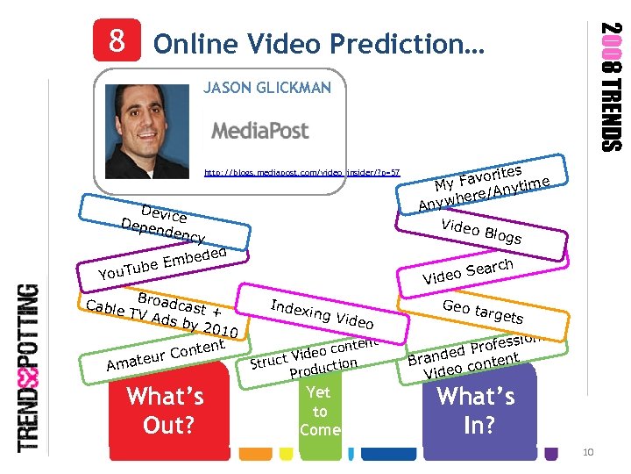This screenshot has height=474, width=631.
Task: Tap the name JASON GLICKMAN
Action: [x=267, y=88]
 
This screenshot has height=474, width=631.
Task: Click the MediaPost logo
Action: [x=261, y=131]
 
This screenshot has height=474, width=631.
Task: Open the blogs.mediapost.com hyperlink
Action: [x=302, y=173]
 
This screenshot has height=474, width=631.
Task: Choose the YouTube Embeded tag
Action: [x=164, y=262]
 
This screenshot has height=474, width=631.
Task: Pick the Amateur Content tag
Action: [x=164, y=355]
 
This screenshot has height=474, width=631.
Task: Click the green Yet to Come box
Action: [x=320, y=411]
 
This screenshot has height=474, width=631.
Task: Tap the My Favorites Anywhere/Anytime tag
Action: [x=484, y=183]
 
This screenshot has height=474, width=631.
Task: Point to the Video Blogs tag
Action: [x=480, y=230]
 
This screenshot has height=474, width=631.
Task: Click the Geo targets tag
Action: [x=483, y=311]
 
